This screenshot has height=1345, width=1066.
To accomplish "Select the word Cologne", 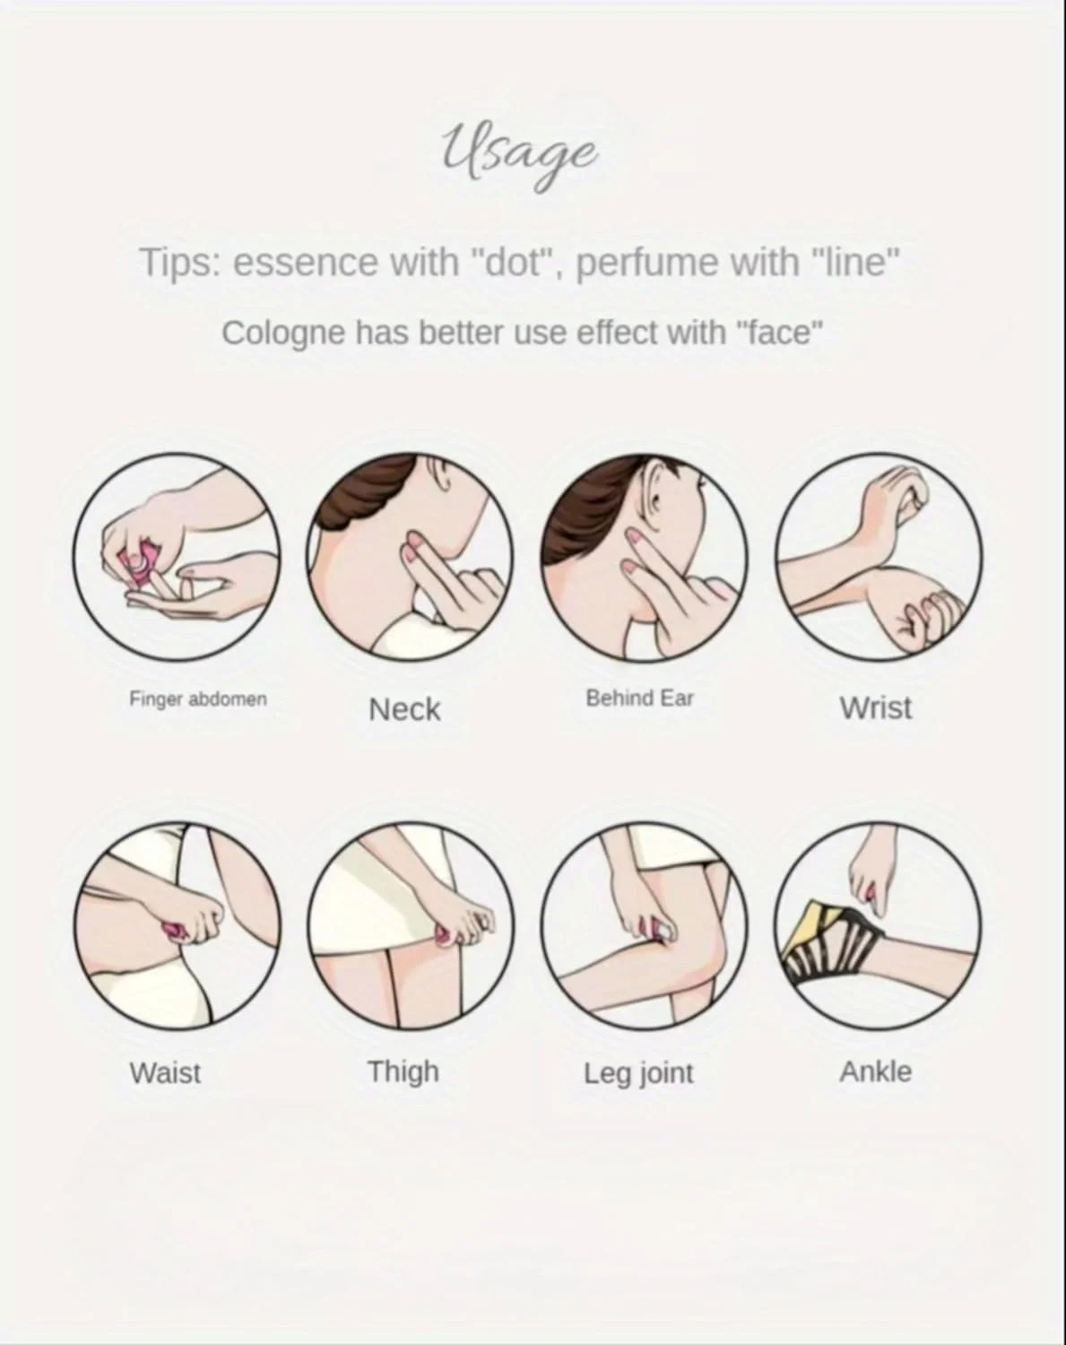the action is pos(283,334).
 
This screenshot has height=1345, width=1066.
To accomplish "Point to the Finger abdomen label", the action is pos(198,699).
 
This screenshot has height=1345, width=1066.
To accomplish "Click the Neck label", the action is pos(404,709).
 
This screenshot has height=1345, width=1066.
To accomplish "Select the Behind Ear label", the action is pos(639,699).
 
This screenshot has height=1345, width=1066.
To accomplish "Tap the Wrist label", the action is pos(875,708).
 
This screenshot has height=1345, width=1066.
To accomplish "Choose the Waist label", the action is pos(165,1073).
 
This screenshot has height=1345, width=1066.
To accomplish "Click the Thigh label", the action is pos(403,1072).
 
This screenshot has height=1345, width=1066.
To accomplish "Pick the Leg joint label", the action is pos(638,1073).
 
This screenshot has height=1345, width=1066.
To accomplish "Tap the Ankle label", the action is pos(875,1072).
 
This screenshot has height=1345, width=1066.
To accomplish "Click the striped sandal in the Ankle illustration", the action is pos(825,944).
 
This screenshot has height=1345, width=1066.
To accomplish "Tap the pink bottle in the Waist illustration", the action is pos(173,933).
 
